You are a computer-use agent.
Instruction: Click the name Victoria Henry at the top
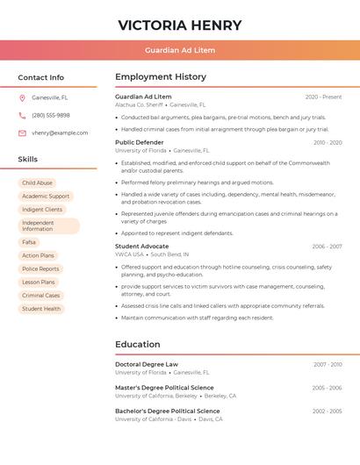[179, 25]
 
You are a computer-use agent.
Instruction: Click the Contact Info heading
[40, 77]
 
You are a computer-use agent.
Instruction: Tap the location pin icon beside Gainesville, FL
[22, 97]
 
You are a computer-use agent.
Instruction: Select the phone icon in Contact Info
[22, 115]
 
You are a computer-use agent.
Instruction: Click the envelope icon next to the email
[22, 132]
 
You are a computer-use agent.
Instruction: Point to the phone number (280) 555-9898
[51, 115]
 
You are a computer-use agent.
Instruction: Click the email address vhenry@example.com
[60, 132]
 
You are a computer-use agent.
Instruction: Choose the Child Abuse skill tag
[37, 182]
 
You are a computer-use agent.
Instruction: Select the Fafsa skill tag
[29, 242]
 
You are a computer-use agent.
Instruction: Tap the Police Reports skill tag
[40, 268]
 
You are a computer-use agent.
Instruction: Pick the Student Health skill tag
[41, 309]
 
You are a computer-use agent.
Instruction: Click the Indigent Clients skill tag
[42, 210]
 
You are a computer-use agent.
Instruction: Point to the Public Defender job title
[139, 142]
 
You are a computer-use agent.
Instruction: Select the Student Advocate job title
[141, 247]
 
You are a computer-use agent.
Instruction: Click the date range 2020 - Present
[323, 97]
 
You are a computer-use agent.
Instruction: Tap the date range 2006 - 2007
[327, 247]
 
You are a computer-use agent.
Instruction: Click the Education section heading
[137, 344]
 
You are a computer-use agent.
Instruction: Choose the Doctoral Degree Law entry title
[147, 364]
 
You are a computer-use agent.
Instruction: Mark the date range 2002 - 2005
[327, 411]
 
